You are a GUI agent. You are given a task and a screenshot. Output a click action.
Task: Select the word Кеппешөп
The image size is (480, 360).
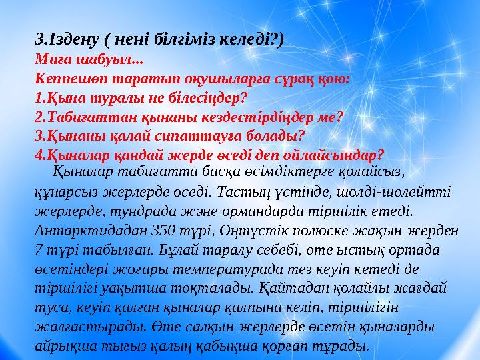[64, 78]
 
